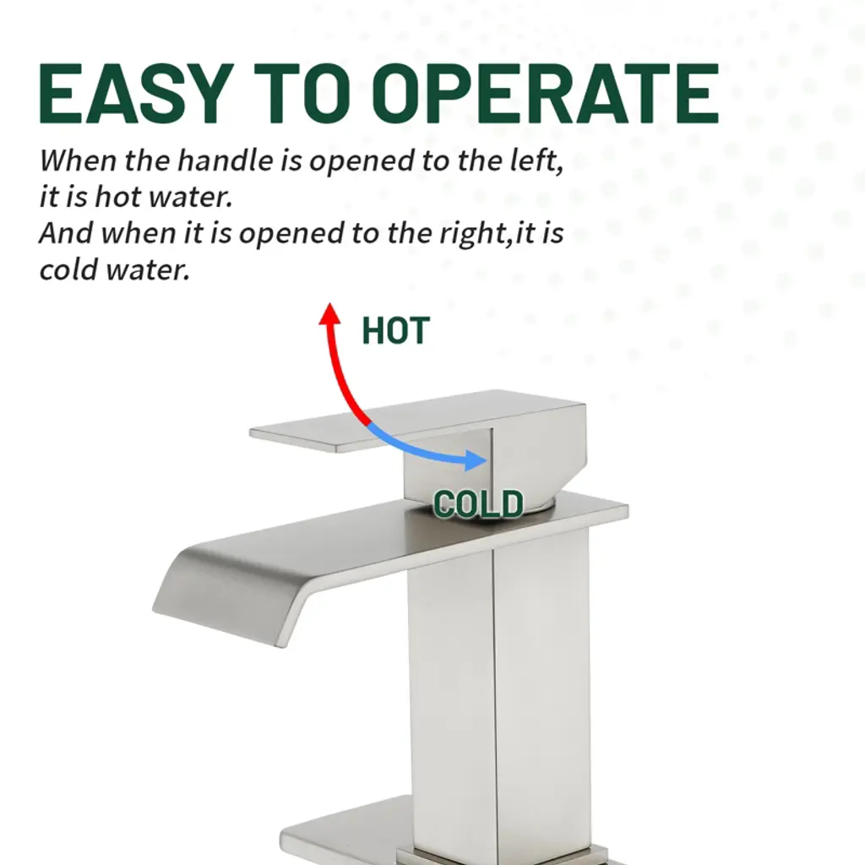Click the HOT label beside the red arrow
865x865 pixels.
coord(395,330)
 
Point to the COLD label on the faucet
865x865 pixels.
coord(478,503)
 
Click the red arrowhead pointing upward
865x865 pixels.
coord(330,314)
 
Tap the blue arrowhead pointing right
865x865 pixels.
coord(476,460)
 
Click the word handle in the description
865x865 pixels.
coord(225,160)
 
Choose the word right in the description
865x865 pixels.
coord(474,234)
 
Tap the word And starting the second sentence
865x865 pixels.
coord(66,233)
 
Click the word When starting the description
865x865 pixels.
coord(78,160)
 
